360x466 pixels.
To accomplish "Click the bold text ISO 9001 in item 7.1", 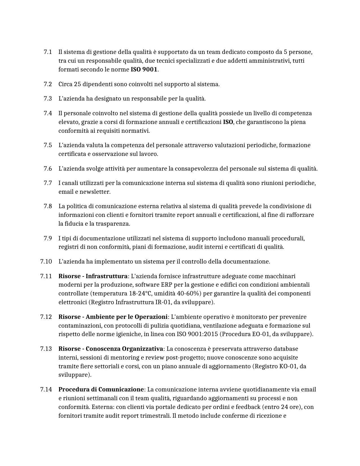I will tap(144, 69).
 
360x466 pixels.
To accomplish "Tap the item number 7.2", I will tap(48, 84).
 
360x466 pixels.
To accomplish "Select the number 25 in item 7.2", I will tap(77, 84).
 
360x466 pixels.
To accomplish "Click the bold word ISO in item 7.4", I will tap(228, 122).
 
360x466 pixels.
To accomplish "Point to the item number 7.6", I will tap(48, 169).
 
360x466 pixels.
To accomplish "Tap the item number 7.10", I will tap(46, 262).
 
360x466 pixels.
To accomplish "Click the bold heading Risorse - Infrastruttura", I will tap(93, 276).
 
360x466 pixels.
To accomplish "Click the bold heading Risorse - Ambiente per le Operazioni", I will tap(113, 317).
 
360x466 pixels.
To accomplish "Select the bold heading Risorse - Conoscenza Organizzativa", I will tap(111, 349).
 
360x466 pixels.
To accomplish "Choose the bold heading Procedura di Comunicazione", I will tap(101, 389).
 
